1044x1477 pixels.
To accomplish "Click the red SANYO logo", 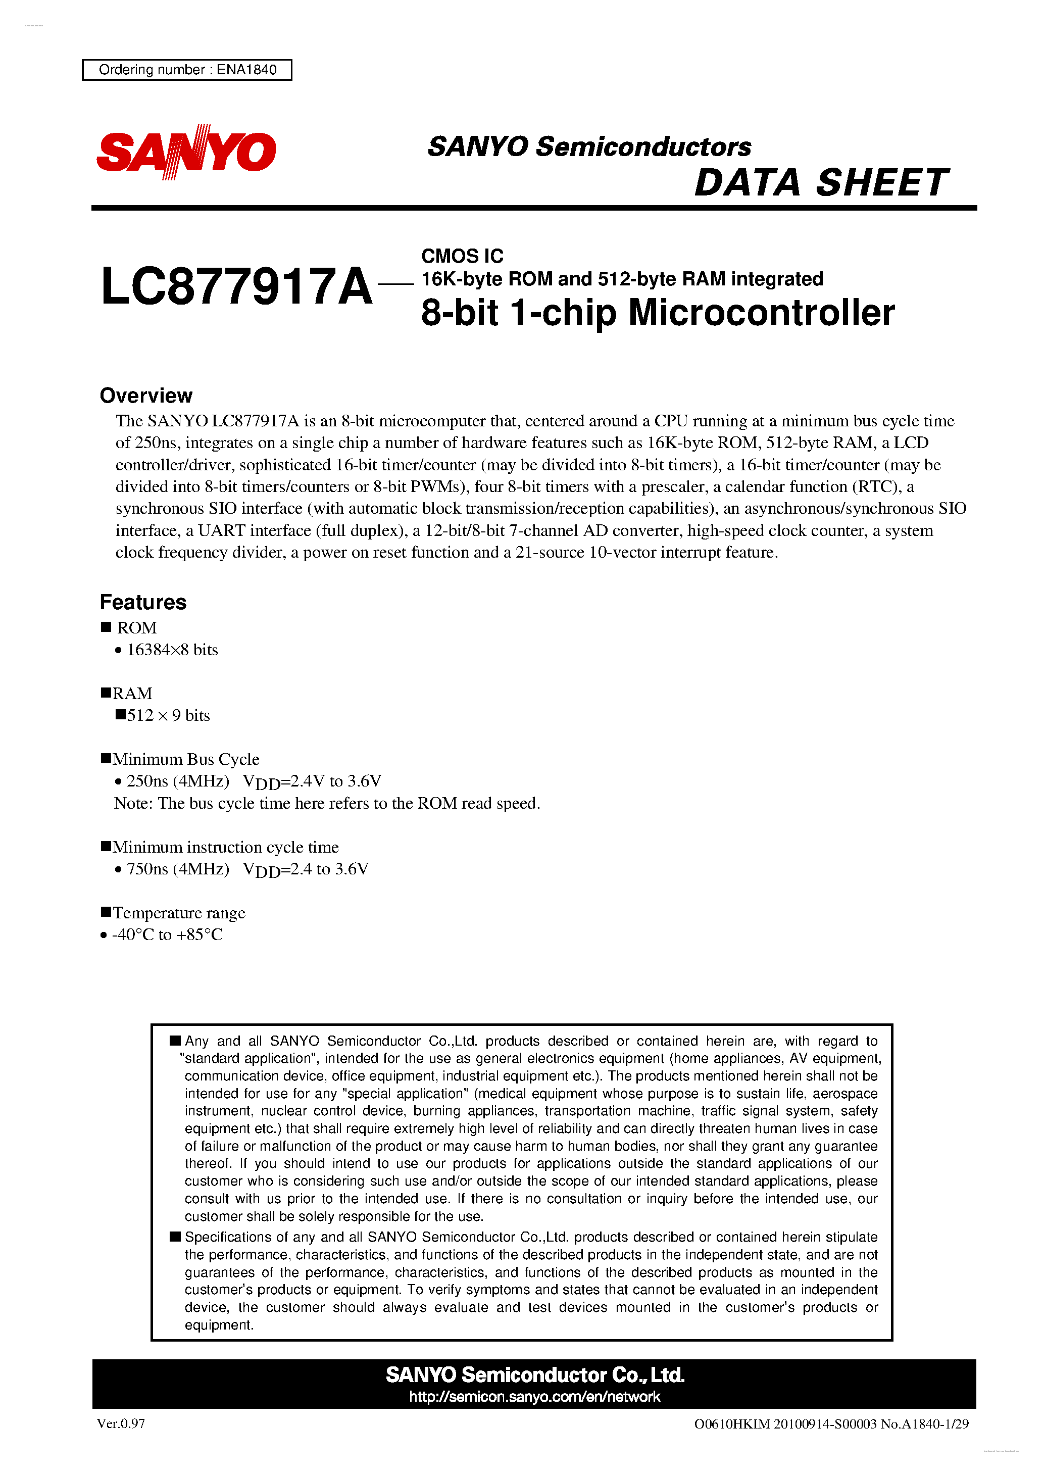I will (x=186, y=152).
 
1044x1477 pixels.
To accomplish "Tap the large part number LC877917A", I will (x=237, y=287).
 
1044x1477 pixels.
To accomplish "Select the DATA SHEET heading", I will (x=821, y=183).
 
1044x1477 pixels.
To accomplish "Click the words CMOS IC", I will (x=462, y=256).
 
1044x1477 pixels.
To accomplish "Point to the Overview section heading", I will (x=146, y=395).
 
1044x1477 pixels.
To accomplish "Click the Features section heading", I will (x=143, y=602).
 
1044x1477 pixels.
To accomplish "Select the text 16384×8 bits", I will (x=172, y=650).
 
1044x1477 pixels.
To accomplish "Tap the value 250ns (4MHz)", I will (x=178, y=781).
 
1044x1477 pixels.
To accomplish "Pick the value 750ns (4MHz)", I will (x=178, y=869).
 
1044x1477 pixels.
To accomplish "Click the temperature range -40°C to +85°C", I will (x=167, y=934).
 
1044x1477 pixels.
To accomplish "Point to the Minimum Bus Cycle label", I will (x=185, y=759).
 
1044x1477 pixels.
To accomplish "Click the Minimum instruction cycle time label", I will (x=225, y=847).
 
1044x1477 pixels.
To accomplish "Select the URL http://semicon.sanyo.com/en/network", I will (x=534, y=1397).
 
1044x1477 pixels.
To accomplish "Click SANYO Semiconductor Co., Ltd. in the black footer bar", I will (x=534, y=1375).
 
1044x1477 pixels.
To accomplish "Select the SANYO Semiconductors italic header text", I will (x=589, y=146).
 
